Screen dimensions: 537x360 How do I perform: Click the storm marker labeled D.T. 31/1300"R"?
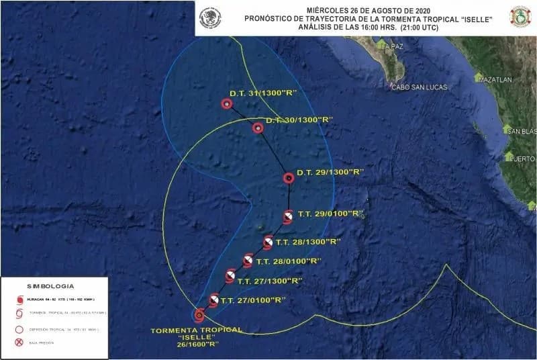226,104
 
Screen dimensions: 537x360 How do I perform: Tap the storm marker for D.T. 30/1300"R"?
258,128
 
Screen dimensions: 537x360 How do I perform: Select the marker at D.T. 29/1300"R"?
289,178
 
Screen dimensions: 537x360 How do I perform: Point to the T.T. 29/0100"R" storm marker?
287,216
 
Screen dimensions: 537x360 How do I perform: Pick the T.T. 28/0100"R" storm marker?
248,261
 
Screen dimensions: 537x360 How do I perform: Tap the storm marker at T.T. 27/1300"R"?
230,276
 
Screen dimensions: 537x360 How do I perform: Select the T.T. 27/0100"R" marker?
213,300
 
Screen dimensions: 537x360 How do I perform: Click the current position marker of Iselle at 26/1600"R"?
199,314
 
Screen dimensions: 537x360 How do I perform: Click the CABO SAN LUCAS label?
420,87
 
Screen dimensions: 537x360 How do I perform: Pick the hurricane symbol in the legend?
19,300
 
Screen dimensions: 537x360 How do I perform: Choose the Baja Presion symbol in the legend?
19,343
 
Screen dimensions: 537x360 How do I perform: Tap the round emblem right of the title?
520,17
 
